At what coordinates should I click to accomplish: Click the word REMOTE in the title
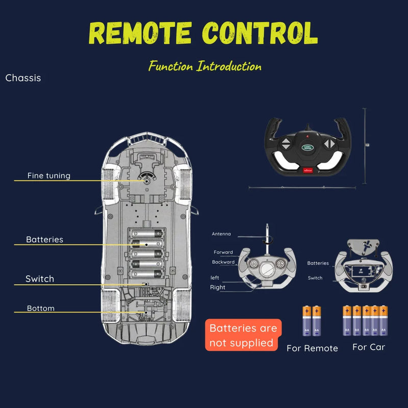[140, 33]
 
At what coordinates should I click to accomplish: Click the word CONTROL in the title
[260, 33]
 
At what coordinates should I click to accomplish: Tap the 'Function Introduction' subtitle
[205, 66]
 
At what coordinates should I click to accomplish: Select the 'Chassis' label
[23, 78]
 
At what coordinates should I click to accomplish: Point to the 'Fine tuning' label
[49, 175]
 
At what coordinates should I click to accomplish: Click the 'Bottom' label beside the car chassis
[41, 309]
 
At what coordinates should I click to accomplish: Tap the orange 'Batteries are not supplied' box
[243, 335]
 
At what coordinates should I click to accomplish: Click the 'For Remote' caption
[312, 348]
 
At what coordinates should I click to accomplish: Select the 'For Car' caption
[369, 347]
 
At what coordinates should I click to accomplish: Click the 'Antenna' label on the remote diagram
[221, 234]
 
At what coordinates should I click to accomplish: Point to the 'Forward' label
[223, 252]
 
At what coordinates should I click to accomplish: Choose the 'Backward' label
[223, 262]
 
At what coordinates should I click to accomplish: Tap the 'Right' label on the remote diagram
[218, 287]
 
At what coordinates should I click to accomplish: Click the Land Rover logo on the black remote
[308, 147]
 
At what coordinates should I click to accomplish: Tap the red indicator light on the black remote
[308, 136]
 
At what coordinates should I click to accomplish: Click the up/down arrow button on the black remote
[286, 144]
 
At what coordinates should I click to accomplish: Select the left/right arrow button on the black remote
[329, 143]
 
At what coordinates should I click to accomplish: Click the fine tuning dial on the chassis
[147, 179]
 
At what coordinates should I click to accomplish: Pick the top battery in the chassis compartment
[147, 234]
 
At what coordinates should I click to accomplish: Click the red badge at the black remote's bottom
[308, 170]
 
